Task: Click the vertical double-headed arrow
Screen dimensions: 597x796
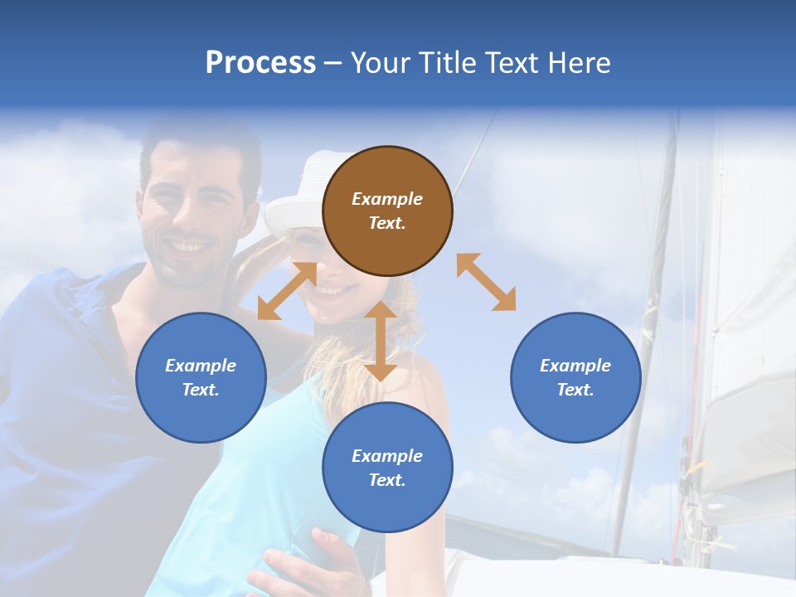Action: tap(381, 341)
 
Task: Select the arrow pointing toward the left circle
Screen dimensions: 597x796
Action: tap(287, 290)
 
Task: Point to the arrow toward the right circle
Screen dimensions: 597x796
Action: tap(486, 282)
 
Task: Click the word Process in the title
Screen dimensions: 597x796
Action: tap(260, 63)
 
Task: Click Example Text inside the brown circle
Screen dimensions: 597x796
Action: tap(387, 211)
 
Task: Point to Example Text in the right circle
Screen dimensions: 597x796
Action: tap(575, 377)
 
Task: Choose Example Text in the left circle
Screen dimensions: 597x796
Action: tap(201, 377)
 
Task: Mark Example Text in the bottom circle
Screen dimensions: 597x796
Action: tap(387, 468)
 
